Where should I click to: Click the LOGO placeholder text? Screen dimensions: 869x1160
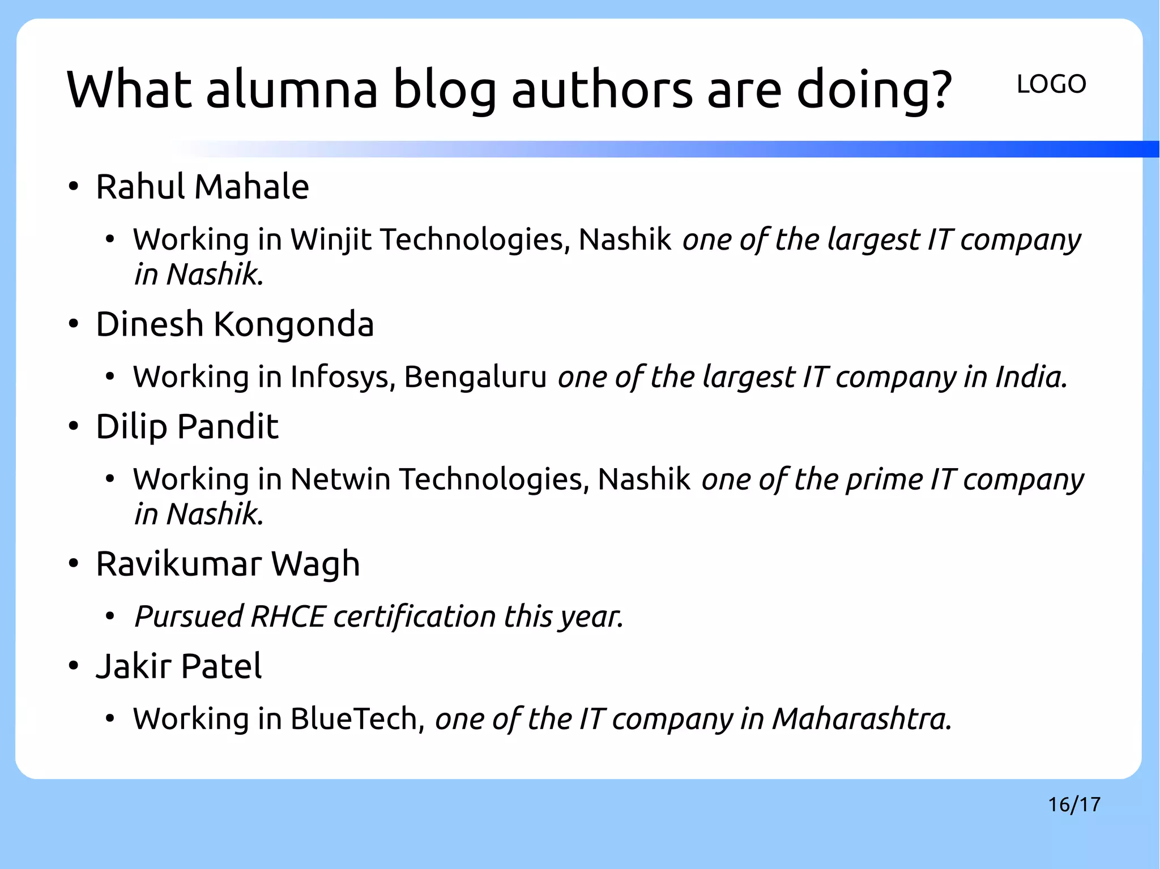pos(1051,84)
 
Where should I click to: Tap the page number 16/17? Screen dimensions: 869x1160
pos(1074,804)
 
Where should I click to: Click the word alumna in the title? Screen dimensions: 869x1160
pos(292,89)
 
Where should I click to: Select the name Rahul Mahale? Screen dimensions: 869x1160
pos(202,187)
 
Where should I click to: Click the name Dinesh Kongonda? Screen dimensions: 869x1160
pos(234,324)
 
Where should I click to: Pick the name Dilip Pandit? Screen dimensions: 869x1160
pos(187,426)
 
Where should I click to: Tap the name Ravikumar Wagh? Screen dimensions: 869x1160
pos(228,564)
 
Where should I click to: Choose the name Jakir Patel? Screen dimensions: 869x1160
pos(179,666)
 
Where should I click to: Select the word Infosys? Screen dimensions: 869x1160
pos(342,377)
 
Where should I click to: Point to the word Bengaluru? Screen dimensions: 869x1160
pos(475,377)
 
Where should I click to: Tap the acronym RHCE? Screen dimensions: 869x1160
pos(288,617)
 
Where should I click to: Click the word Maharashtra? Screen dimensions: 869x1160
pos(862,719)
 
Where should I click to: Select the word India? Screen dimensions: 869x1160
pos(1031,377)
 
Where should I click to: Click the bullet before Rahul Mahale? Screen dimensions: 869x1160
pos(73,187)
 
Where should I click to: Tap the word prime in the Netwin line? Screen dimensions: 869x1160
pos(884,480)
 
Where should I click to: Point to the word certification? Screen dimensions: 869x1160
pos(415,617)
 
